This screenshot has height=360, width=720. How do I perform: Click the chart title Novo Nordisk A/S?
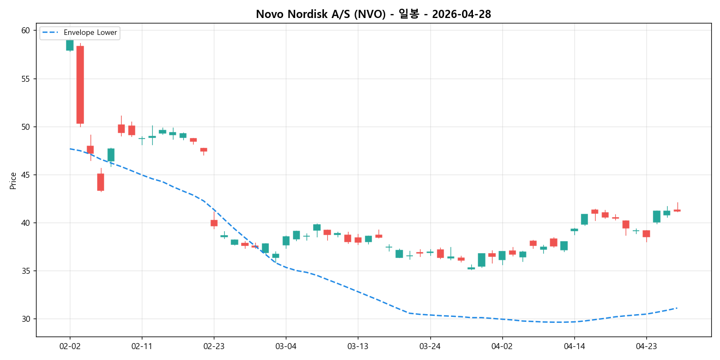pos(373,14)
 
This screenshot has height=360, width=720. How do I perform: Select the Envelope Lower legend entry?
pos(90,33)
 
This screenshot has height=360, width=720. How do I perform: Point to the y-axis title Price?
pos(13,181)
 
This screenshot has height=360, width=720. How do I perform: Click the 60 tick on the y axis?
pos(26,31)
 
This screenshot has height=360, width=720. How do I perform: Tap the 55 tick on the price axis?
pos(26,79)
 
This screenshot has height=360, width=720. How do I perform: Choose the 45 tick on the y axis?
pos(26,175)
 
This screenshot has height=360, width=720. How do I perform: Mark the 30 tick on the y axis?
pos(26,319)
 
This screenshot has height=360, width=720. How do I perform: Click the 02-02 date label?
pos(70,346)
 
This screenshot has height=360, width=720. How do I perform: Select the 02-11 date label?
pos(142,346)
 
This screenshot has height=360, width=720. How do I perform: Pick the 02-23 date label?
pos(214,346)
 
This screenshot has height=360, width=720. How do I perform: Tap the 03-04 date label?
pos(286,346)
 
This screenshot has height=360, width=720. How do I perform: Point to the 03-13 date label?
pos(358,346)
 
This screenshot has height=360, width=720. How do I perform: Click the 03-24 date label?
pos(430,346)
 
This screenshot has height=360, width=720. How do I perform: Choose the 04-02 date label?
pos(502,346)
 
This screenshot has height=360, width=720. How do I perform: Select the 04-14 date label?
pos(574,346)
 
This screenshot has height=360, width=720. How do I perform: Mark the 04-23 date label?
pos(646,346)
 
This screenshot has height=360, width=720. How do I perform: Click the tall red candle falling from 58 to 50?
pos(80,85)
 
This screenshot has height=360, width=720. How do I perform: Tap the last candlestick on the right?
pos(677,210)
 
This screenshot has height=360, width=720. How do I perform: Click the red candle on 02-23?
pos(214,223)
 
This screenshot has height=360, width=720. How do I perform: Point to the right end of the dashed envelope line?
pos(677,308)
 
